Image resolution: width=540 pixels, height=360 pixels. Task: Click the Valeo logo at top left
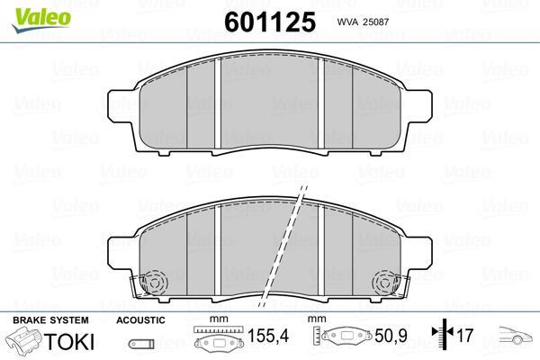click(x=41, y=21)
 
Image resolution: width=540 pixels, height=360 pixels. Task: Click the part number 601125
click(x=270, y=22)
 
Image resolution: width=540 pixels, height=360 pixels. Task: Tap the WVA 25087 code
click(x=363, y=22)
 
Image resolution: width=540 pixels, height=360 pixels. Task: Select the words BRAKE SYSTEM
click(x=50, y=320)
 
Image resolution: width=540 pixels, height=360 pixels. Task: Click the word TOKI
click(x=69, y=341)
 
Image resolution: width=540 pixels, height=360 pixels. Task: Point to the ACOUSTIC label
click(x=140, y=320)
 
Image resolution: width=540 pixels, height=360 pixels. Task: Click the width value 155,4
click(x=268, y=336)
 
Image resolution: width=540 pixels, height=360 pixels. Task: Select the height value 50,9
click(x=391, y=336)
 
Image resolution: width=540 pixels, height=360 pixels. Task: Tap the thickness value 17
click(x=464, y=335)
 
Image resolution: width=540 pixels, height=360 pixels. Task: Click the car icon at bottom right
click(x=516, y=335)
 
